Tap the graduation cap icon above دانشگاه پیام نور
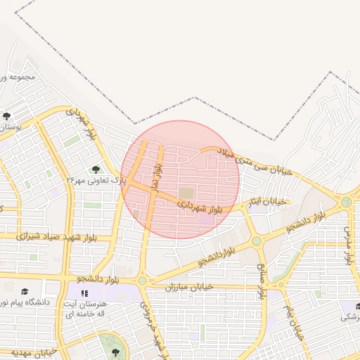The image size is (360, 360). point(25,291)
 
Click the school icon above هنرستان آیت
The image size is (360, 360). point(84,292)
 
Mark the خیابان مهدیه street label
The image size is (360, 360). point(32,351)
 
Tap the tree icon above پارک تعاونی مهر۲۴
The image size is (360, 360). point(96,169)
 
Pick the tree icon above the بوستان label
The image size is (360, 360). point(6,116)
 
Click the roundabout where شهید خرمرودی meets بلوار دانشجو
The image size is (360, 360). point(142,281)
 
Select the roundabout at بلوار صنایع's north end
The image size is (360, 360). point(257,240)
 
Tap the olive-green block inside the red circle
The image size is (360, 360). point(186,193)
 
